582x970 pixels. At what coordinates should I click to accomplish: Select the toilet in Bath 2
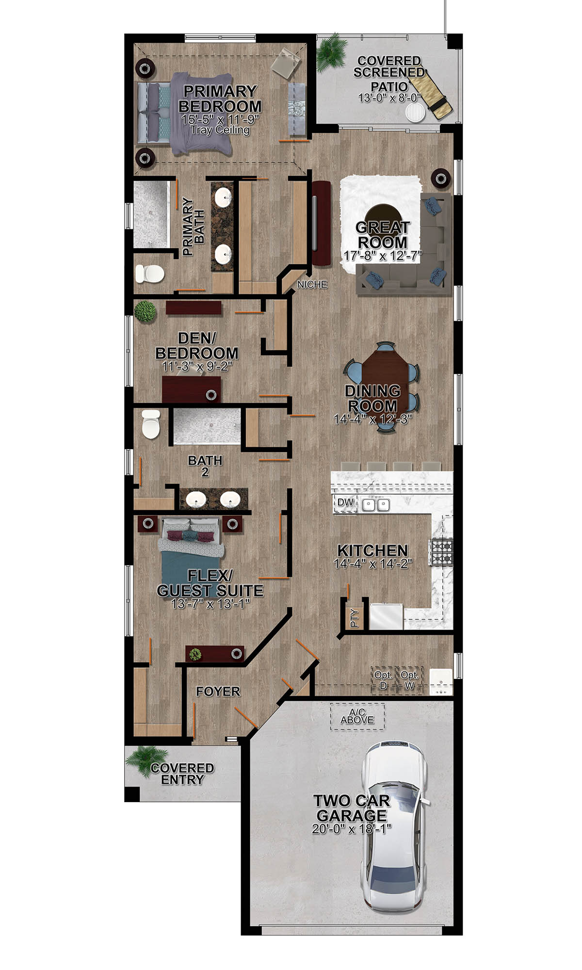click(151, 424)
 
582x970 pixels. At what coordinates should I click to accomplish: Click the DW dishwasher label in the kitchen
click(345, 502)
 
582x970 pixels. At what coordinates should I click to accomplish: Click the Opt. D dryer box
click(384, 680)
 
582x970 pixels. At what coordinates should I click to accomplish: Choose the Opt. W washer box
click(410, 680)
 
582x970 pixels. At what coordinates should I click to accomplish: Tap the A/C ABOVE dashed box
click(357, 716)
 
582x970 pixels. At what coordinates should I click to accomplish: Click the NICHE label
click(312, 284)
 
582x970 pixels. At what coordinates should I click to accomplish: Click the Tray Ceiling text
click(220, 130)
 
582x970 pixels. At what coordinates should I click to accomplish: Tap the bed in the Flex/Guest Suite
click(192, 556)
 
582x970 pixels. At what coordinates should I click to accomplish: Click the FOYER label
click(218, 692)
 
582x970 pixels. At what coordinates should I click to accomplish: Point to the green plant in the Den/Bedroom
click(145, 311)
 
